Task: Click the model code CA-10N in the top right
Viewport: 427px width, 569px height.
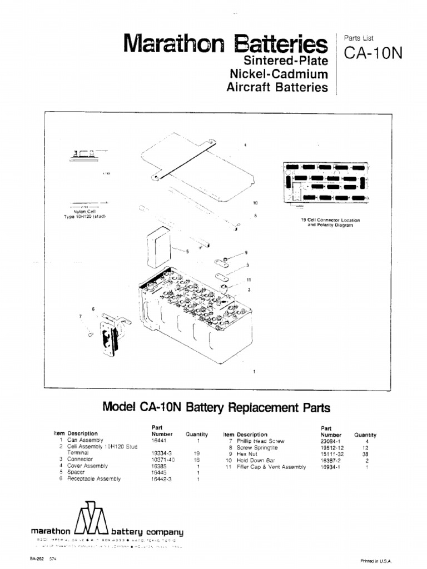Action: click(x=373, y=53)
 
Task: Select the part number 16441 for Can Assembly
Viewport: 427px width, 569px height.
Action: click(x=159, y=440)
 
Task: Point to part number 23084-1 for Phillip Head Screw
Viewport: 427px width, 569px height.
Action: click(x=332, y=441)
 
